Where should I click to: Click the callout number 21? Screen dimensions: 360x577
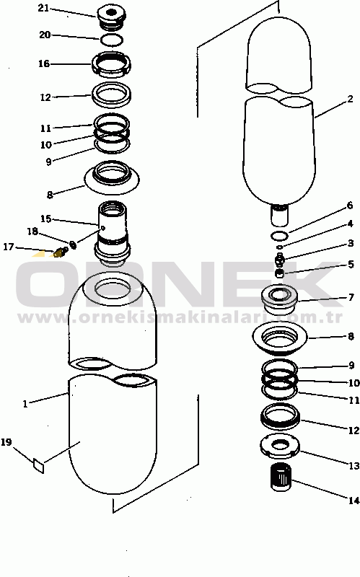click(x=43, y=8)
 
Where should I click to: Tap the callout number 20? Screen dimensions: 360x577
click(x=45, y=35)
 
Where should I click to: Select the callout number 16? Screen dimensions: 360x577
click(x=44, y=63)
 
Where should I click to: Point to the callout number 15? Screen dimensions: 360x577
click(x=45, y=219)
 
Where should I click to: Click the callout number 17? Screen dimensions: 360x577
click(x=8, y=247)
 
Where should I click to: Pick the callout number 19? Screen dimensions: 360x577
click(x=6, y=442)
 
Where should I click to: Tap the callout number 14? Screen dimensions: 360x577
click(x=354, y=501)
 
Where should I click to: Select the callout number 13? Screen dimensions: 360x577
click(x=354, y=466)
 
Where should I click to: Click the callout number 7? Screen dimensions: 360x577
click(x=351, y=297)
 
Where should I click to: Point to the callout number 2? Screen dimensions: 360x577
click(x=350, y=100)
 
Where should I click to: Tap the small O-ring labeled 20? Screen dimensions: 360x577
click(x=112, y=40)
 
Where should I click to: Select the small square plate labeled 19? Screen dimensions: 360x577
click(x=39, y=465)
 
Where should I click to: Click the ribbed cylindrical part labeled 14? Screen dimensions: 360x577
click(x=281, y=477)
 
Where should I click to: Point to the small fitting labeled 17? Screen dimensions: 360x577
click(x=61, y=252)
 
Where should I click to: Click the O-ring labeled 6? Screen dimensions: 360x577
click(x=279, y=235)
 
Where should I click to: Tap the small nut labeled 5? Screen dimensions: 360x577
click(x=280, y=273)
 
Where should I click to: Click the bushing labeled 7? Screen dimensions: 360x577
click(x=280, y=298)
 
